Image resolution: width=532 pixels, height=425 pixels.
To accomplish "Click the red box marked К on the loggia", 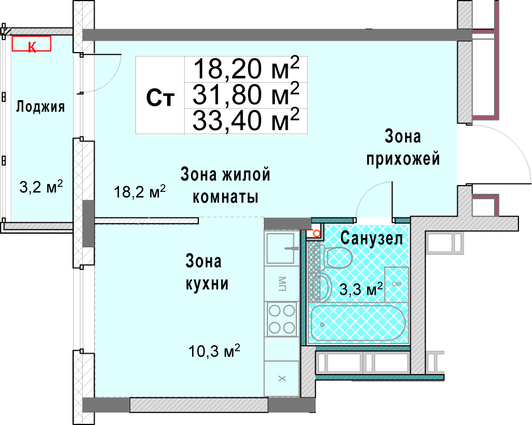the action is [x=32, y=44].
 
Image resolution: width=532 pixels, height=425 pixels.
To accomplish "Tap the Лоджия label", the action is [x=40, y=107].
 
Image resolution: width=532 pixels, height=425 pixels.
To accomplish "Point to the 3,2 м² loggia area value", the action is [x=41, y=186].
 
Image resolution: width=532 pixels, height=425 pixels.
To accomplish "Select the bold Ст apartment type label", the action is [x=160, y=97].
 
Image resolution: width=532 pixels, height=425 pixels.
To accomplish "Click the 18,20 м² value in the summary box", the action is [x=246, y=68].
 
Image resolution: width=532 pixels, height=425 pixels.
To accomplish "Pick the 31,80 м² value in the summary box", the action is [x=246, y=94].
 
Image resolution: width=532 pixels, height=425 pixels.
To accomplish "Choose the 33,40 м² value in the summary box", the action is [x=246, y=120].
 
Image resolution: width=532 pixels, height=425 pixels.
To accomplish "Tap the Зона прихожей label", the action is [x=403, y=148].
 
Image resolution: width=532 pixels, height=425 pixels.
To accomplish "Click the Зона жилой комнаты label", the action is [x=225, y=185].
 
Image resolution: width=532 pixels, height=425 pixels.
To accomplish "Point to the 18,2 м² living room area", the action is [x=139, y=192].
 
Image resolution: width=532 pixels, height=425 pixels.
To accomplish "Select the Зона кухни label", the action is [x=207, y=272].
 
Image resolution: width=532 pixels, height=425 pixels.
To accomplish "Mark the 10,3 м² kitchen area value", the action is [x=214, y=351].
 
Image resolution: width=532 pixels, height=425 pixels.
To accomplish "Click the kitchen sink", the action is [x=280, y=248].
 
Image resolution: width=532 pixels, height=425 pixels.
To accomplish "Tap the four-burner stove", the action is [x=282, y=319].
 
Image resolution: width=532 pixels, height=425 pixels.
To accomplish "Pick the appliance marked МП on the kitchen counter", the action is [x=282, y=284].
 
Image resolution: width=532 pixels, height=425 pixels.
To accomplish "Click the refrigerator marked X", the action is [x=282, y=378].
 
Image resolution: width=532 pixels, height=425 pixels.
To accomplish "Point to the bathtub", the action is [x=358, y=324].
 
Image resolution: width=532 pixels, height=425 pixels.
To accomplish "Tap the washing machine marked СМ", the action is [x=396, y=284].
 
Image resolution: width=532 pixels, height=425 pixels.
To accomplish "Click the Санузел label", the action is [x=372, y=238].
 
